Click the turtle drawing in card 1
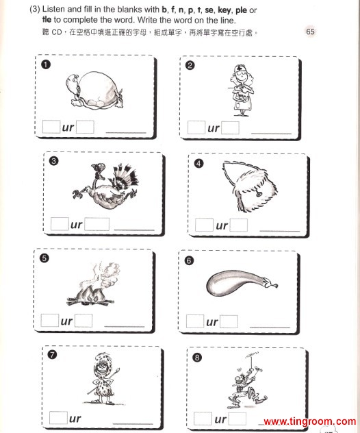coord(94,90)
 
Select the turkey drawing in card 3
coord(105,186)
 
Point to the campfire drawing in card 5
coord(90,284)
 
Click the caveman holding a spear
coord(103,379)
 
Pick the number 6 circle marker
coord(189,260)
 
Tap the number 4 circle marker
coord(198,164)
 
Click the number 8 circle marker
coord(197,358)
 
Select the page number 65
coord(310,32)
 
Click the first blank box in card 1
coord(51,127)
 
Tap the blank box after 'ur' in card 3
coord(97,224)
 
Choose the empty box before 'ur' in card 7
coord(58,417)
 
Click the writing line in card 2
coord(271,134)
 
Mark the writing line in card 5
coord(125,327)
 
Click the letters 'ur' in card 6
coord(212,322)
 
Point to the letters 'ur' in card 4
coord(222,225)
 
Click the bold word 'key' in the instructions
coord(224,11)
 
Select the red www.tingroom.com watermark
coord(309,421)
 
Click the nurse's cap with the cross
coord(239,68)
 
